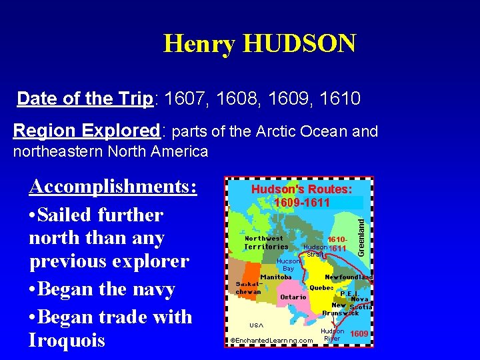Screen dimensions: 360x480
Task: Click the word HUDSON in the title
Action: (300, 44)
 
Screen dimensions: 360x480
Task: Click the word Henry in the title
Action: (199, 44)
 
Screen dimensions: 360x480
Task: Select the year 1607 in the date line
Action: (186, 99)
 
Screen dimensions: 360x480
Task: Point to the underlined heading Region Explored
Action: (84, 131)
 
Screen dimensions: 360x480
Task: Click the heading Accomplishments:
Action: (113, 187)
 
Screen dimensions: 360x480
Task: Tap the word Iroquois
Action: (67, 341)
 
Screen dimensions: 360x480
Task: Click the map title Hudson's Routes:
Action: (301, 190)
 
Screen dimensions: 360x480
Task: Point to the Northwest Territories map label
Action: (265, 243)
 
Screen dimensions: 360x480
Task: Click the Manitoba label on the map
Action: (275, 277)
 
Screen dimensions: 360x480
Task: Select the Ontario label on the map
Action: (293, 297)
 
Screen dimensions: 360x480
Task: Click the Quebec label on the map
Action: (321, 288)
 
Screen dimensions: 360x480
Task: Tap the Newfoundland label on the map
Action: (348, 277)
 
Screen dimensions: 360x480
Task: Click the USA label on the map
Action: (256, 325)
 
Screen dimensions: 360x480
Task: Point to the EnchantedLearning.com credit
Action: (271, 341)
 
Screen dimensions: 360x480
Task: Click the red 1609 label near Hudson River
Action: (359, 333)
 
